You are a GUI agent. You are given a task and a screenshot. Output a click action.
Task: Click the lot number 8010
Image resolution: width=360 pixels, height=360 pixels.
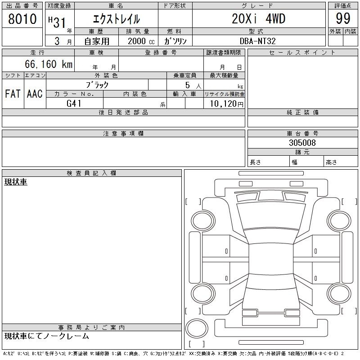coord(22,19)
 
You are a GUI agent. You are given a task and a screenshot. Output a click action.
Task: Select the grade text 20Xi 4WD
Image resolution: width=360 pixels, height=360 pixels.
coord(258,18)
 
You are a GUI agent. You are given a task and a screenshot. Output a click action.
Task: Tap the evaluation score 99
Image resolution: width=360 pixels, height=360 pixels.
coord(343,18)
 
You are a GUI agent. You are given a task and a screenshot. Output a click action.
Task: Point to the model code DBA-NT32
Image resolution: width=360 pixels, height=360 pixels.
coord(257,41)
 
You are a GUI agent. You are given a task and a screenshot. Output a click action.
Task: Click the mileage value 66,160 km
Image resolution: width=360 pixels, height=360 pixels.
coord(49,64)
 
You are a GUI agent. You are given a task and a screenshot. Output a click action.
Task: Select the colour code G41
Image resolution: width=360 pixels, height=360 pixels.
coord(74,103)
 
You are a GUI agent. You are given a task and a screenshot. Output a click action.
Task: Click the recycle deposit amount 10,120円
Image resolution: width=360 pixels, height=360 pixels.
coord(226,104)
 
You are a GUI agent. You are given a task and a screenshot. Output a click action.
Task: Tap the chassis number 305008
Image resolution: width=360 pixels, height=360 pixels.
coord(302,143)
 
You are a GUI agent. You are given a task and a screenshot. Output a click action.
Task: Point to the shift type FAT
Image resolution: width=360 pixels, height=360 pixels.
coord(13,94)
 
